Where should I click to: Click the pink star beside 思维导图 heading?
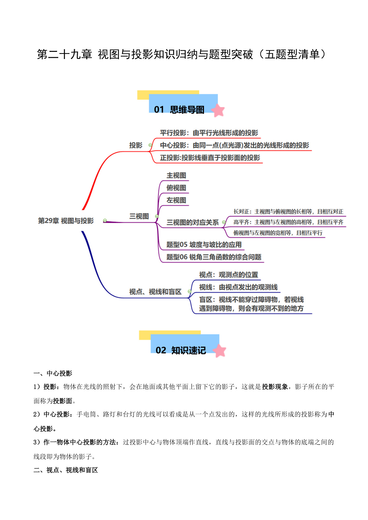218,110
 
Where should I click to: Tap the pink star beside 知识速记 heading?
220,351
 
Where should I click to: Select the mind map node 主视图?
176,176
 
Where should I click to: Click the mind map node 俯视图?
176,188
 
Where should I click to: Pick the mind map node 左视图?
176,200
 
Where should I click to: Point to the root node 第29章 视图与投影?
66,221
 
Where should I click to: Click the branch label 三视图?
139,216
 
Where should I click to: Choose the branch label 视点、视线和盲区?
155,292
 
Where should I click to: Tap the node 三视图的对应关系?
193,223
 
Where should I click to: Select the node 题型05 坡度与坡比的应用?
204,245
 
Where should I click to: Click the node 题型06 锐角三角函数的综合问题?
214,257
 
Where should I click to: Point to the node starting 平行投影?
209,133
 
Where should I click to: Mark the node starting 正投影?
210,158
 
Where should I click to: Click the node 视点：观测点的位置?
229,275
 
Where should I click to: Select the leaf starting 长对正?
289,212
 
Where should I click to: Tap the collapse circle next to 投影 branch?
150,145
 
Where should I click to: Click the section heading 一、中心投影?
53,374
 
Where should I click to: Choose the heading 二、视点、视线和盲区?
66,470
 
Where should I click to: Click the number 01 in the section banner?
159,110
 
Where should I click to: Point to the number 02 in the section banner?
161,350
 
